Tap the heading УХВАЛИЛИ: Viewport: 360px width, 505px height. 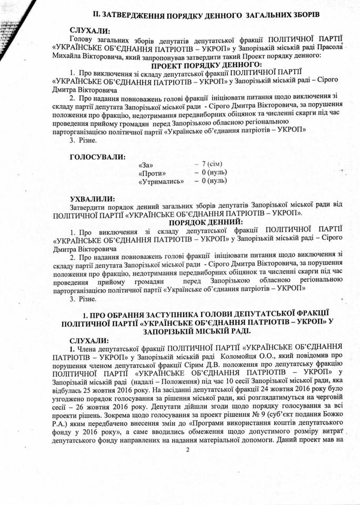coord(92,199)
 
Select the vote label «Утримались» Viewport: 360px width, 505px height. coord(161,181)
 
